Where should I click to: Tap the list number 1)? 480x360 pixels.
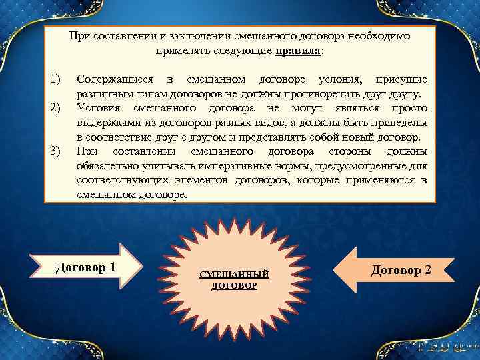coord(56,80)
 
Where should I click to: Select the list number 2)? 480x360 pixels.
coord(56,108)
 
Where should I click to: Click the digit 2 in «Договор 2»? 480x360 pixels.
coord(427,270)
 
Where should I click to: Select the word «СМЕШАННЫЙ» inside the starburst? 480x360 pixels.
coord(235,274)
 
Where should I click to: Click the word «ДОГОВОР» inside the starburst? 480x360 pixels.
coord(235,285)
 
